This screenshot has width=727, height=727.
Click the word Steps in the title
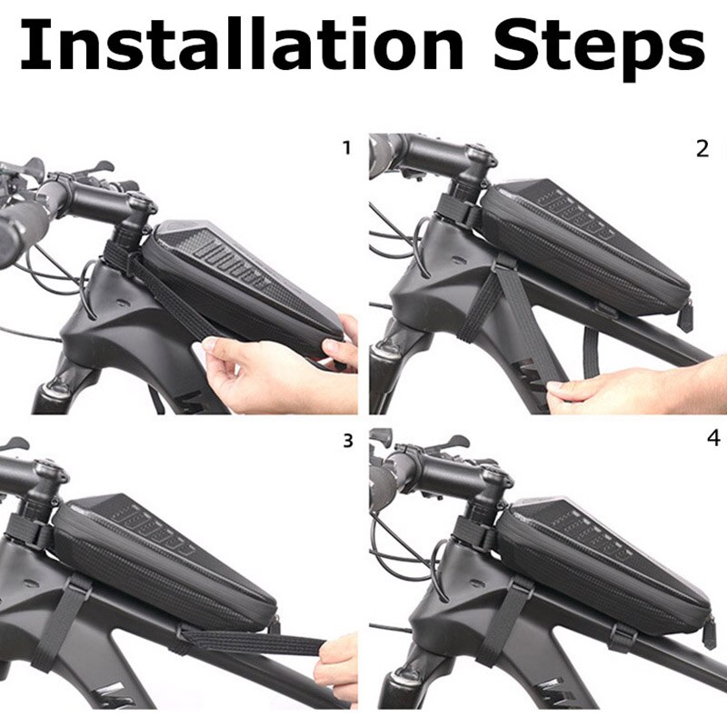pyautogui.click(x=599, y=48)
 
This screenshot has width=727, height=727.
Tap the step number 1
pyautogui.click(x=346, y=148)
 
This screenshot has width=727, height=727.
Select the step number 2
pyautogui.click(x=702, y=149)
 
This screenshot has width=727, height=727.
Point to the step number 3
pyautogui.click(x=348, y=441)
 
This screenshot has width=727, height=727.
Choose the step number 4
pyautogui.click(x=713, y=437)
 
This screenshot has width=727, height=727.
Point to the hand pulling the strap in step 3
pyautogui.click(x=334, y=664)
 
